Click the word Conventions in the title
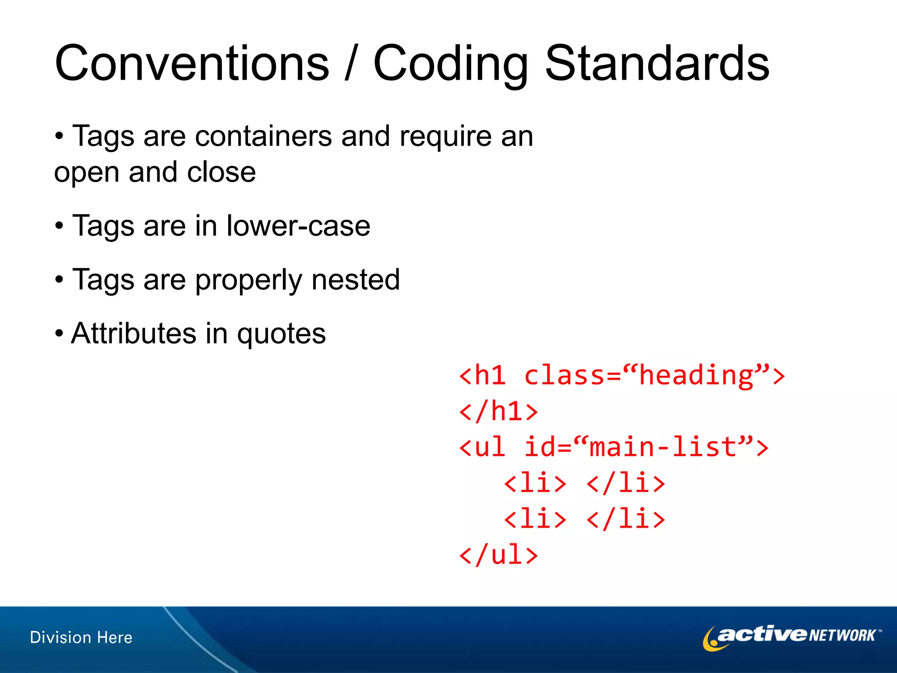(192, 64)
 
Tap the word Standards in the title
(657, 64)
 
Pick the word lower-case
(298, 226)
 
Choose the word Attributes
(134, 333)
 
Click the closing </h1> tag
(498, 411)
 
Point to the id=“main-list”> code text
(646, 447)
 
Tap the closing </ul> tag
(498, 555)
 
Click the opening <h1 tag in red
(482, 376)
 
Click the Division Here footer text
(81, 638)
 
